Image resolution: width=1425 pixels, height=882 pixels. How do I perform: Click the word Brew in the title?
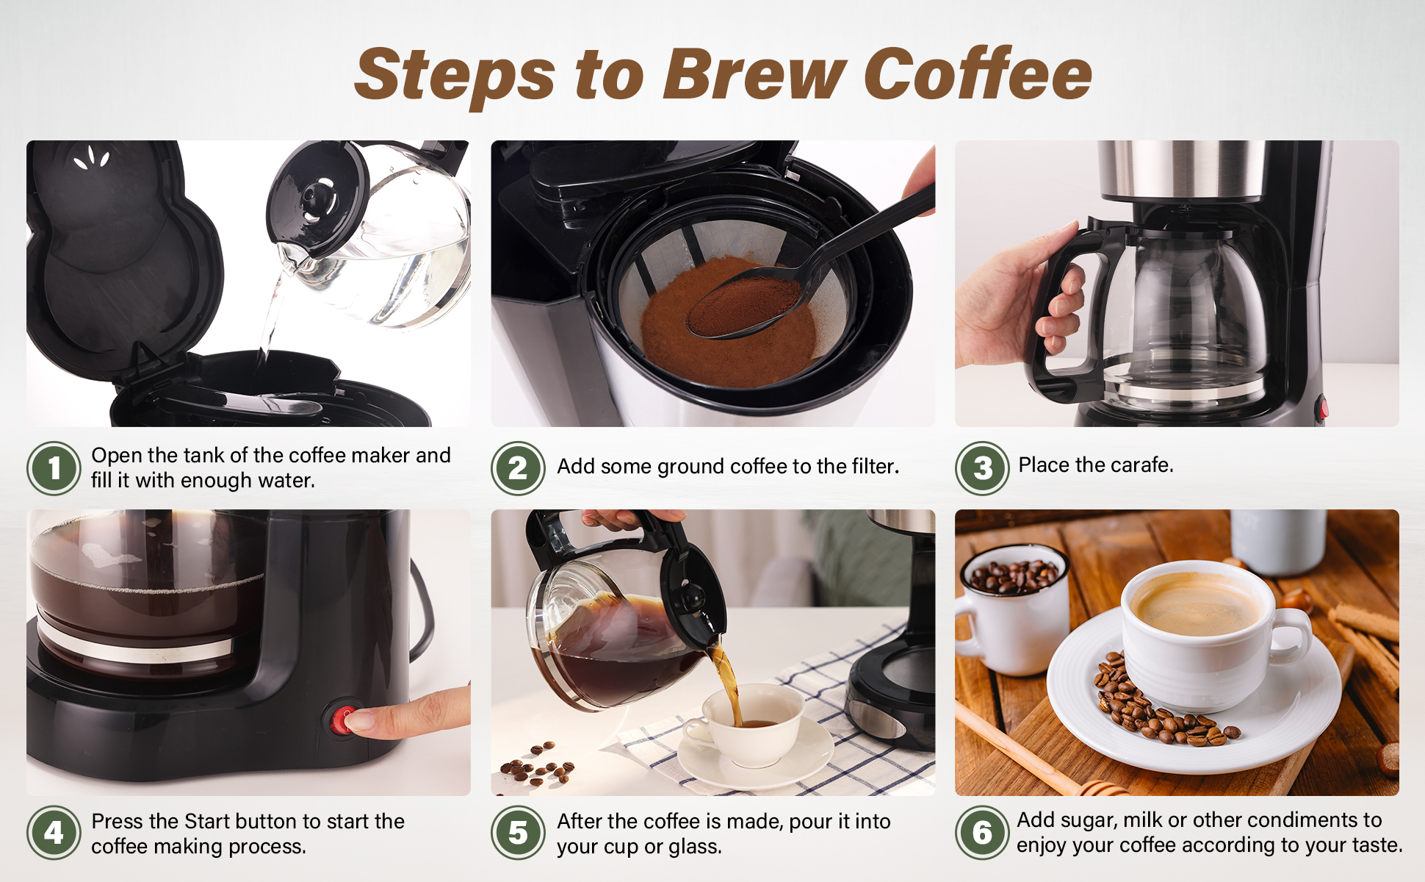[754, 73]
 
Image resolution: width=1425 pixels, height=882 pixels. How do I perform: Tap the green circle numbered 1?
[54, 468]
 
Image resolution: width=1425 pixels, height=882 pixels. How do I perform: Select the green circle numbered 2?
[518, 468]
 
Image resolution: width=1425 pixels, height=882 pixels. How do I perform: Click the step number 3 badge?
[982, 468]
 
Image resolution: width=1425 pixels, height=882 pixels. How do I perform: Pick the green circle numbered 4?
[54, 833]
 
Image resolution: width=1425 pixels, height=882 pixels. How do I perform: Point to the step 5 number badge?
[518, 833]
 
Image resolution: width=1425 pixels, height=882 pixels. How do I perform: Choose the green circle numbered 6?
[982, 833]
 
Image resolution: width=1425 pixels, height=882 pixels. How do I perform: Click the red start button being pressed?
[342, 720]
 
